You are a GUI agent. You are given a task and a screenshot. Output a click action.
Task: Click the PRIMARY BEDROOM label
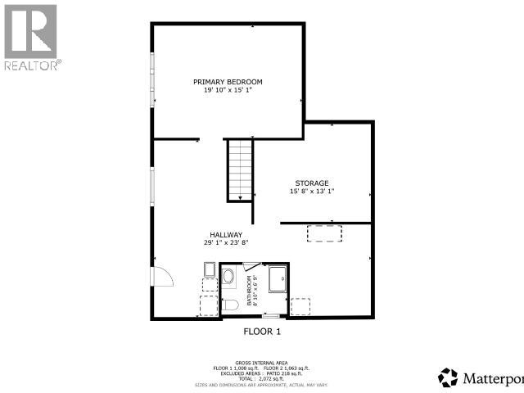(x=228, y=82)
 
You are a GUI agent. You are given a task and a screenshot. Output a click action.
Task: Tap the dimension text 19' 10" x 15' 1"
(x=228, y=91)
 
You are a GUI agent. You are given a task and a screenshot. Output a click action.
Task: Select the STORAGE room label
(x=312, y=183)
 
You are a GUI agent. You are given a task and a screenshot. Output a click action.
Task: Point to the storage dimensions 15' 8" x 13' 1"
(x=312, y=192)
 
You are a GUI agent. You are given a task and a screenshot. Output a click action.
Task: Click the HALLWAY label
(x=226, y=234)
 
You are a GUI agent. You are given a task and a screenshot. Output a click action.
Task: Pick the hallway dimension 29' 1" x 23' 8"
(x=226, y=243)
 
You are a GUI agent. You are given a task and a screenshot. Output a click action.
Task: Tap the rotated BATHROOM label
(x=255, y=290)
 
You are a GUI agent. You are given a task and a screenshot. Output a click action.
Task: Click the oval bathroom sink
(x=228, y=282)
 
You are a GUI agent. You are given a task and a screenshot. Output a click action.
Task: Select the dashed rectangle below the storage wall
(x=325, y=233)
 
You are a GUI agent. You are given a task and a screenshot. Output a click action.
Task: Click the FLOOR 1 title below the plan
(x=262, y=332)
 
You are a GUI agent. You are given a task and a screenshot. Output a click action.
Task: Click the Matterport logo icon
(x=449, y=377)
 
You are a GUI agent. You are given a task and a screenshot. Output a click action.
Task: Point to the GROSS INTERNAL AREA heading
(x=262, y=361)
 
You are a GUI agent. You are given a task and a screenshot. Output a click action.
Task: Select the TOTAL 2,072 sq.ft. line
(x=262, y=377)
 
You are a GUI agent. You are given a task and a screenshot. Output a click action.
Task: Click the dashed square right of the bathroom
(x=301, y=305)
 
